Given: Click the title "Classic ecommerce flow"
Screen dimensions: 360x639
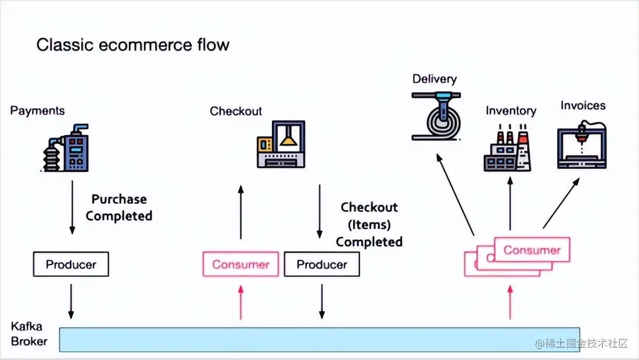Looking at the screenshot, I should pos(132,45).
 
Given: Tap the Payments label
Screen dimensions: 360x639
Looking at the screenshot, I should pos(37,110).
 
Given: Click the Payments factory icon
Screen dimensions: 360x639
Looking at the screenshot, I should pos(66,148).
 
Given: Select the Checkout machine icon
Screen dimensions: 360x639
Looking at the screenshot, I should pos(281,145).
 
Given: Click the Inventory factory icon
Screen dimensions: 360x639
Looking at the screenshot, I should pos(508,150).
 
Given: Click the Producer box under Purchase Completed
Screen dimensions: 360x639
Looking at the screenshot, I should pos(71,265).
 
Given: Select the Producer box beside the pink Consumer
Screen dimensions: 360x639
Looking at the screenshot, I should pos(321,265).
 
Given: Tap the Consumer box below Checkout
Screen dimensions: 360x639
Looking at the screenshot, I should pos(240,265).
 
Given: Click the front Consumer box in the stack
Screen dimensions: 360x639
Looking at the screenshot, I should pos(532,250).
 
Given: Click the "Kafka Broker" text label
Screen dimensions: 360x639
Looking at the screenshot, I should pos(29,334).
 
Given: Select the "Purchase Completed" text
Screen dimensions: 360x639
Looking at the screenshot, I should pos(119,207).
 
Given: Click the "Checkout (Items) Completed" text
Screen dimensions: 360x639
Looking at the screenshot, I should pos(369,224).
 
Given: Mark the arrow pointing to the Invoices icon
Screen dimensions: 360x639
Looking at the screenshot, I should pos(561,203).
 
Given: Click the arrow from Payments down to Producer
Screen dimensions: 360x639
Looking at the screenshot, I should pos(72,207).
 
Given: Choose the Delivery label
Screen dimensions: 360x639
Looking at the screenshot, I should pos(435,79).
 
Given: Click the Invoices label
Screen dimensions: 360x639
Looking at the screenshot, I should pos(583,105).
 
